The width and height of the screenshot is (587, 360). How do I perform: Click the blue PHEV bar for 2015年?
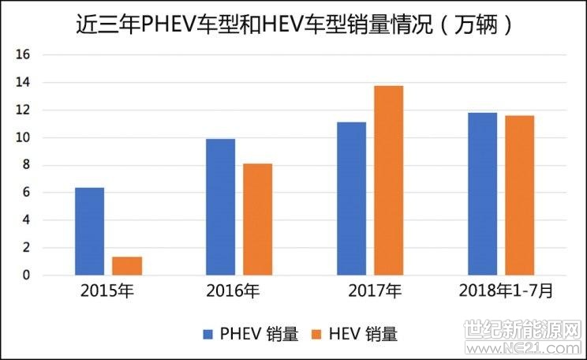89,231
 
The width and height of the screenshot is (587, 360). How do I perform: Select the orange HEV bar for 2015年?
127,266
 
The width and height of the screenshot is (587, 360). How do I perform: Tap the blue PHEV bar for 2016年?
220,207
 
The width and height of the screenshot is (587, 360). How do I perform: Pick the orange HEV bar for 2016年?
257,219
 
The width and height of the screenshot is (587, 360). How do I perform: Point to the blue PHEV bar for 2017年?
352,198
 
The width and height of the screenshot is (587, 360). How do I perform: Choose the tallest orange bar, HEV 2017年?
389,181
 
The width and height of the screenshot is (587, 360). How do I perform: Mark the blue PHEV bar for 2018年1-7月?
483,194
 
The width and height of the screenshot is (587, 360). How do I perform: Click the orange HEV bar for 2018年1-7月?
520,196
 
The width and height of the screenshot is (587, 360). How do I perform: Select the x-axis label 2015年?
107,291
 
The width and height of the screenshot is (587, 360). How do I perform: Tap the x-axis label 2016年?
233,291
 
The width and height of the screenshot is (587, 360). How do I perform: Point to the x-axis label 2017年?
375,291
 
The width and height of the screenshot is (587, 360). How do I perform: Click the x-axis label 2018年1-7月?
506,291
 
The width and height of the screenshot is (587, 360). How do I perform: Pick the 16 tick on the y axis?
22,54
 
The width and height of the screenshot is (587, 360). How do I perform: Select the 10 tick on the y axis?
22,137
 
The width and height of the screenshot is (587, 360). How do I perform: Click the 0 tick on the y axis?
26,275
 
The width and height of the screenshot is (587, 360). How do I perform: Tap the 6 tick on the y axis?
26,193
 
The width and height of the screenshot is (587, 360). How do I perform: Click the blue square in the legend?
208,334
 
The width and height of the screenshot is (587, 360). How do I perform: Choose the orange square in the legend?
316,334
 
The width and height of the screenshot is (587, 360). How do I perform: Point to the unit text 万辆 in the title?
477,25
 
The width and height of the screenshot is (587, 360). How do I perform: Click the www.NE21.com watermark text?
522,348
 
